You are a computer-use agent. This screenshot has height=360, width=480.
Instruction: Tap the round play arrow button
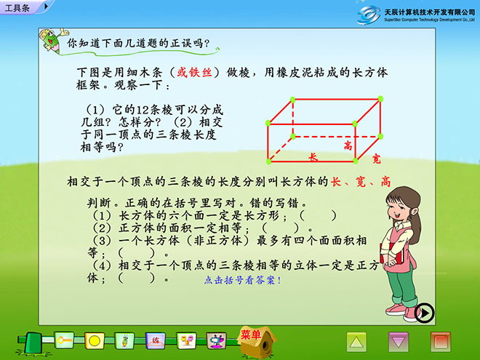tap(424, 313)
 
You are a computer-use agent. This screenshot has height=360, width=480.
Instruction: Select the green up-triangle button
tap(356, 342)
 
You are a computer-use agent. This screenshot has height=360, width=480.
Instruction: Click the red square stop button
tap(440, 342)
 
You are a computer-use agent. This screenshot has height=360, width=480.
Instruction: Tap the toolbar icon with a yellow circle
tap(95, 340)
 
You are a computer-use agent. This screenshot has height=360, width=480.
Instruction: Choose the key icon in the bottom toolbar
tap(64, 340)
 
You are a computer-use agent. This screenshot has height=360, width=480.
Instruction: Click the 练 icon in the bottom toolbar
tap(156, 340)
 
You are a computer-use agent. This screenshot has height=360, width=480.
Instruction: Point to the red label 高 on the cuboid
tap(348, 145)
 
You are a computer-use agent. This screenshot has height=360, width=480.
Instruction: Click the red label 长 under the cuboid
tap(313, 157)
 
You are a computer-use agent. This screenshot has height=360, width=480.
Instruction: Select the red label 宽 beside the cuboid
tap(377, 159)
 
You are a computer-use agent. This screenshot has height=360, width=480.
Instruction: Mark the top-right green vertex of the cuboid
tap(380, 99)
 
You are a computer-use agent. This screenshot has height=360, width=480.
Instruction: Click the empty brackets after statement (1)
tap(318, 215)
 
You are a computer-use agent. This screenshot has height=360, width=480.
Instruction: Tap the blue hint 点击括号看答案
tap(242, 280)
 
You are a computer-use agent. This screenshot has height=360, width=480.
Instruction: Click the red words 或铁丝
tap(194, 72)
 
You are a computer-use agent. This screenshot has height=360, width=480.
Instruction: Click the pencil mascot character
tap(52, 41)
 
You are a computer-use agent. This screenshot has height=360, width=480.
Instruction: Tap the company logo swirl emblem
tap(369, 15)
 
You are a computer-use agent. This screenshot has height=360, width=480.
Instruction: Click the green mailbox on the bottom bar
tap(33, 342)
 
